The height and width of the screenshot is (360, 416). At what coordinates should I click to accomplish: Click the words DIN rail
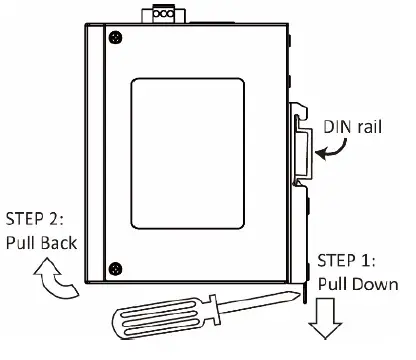(351, 127)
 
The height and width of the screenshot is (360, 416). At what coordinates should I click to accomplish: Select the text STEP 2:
(40, 217)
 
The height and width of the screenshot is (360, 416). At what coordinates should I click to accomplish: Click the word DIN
(336, 127)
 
